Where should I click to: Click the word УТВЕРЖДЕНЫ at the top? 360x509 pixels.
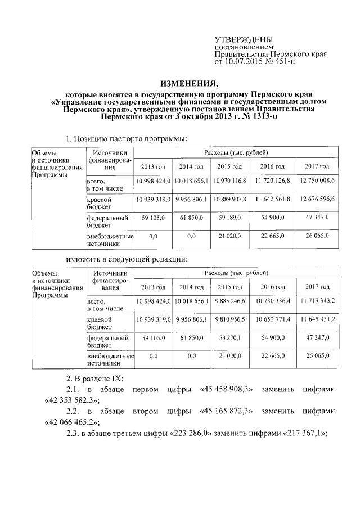(x=244, y=39)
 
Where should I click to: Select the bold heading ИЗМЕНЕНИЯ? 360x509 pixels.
(x=179, y=84)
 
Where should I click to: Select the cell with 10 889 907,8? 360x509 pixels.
(x=229, y=200)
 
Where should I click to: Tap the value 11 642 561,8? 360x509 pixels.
(x=272, y=200)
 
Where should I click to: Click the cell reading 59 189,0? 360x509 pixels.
(x=229, y=218)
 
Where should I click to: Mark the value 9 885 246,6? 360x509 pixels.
(x=229, y=301)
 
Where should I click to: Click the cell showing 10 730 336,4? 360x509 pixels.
(x=272, y=301)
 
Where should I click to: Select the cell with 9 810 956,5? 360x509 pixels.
(x=229, y=320)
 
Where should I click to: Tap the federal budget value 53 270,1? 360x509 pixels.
(x=229, y=339)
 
